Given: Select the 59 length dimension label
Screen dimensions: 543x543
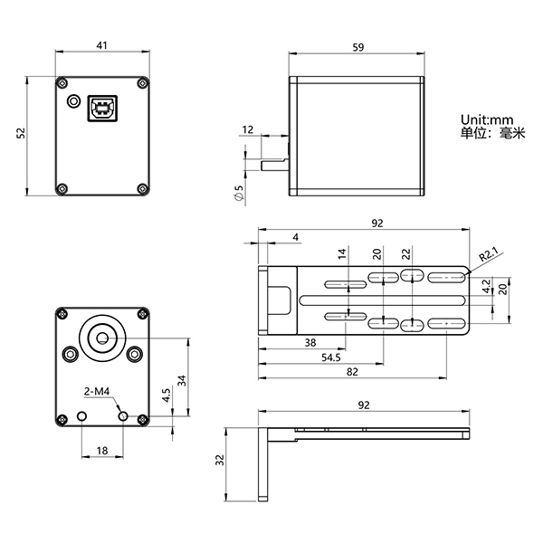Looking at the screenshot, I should click(x=357, y=48).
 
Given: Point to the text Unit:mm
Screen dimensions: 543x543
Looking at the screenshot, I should click(x=486, y=119).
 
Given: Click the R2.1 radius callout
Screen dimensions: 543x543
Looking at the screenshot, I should click(x=489, y=255).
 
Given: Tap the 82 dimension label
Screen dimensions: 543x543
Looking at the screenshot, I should click(x=352, y=372).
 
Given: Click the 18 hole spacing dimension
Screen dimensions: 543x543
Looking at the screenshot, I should click(x=101, y=450).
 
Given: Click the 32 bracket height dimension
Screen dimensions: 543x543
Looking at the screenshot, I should click(x=220, y=460).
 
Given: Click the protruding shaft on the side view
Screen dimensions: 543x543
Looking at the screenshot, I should click(x=274, y=166).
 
